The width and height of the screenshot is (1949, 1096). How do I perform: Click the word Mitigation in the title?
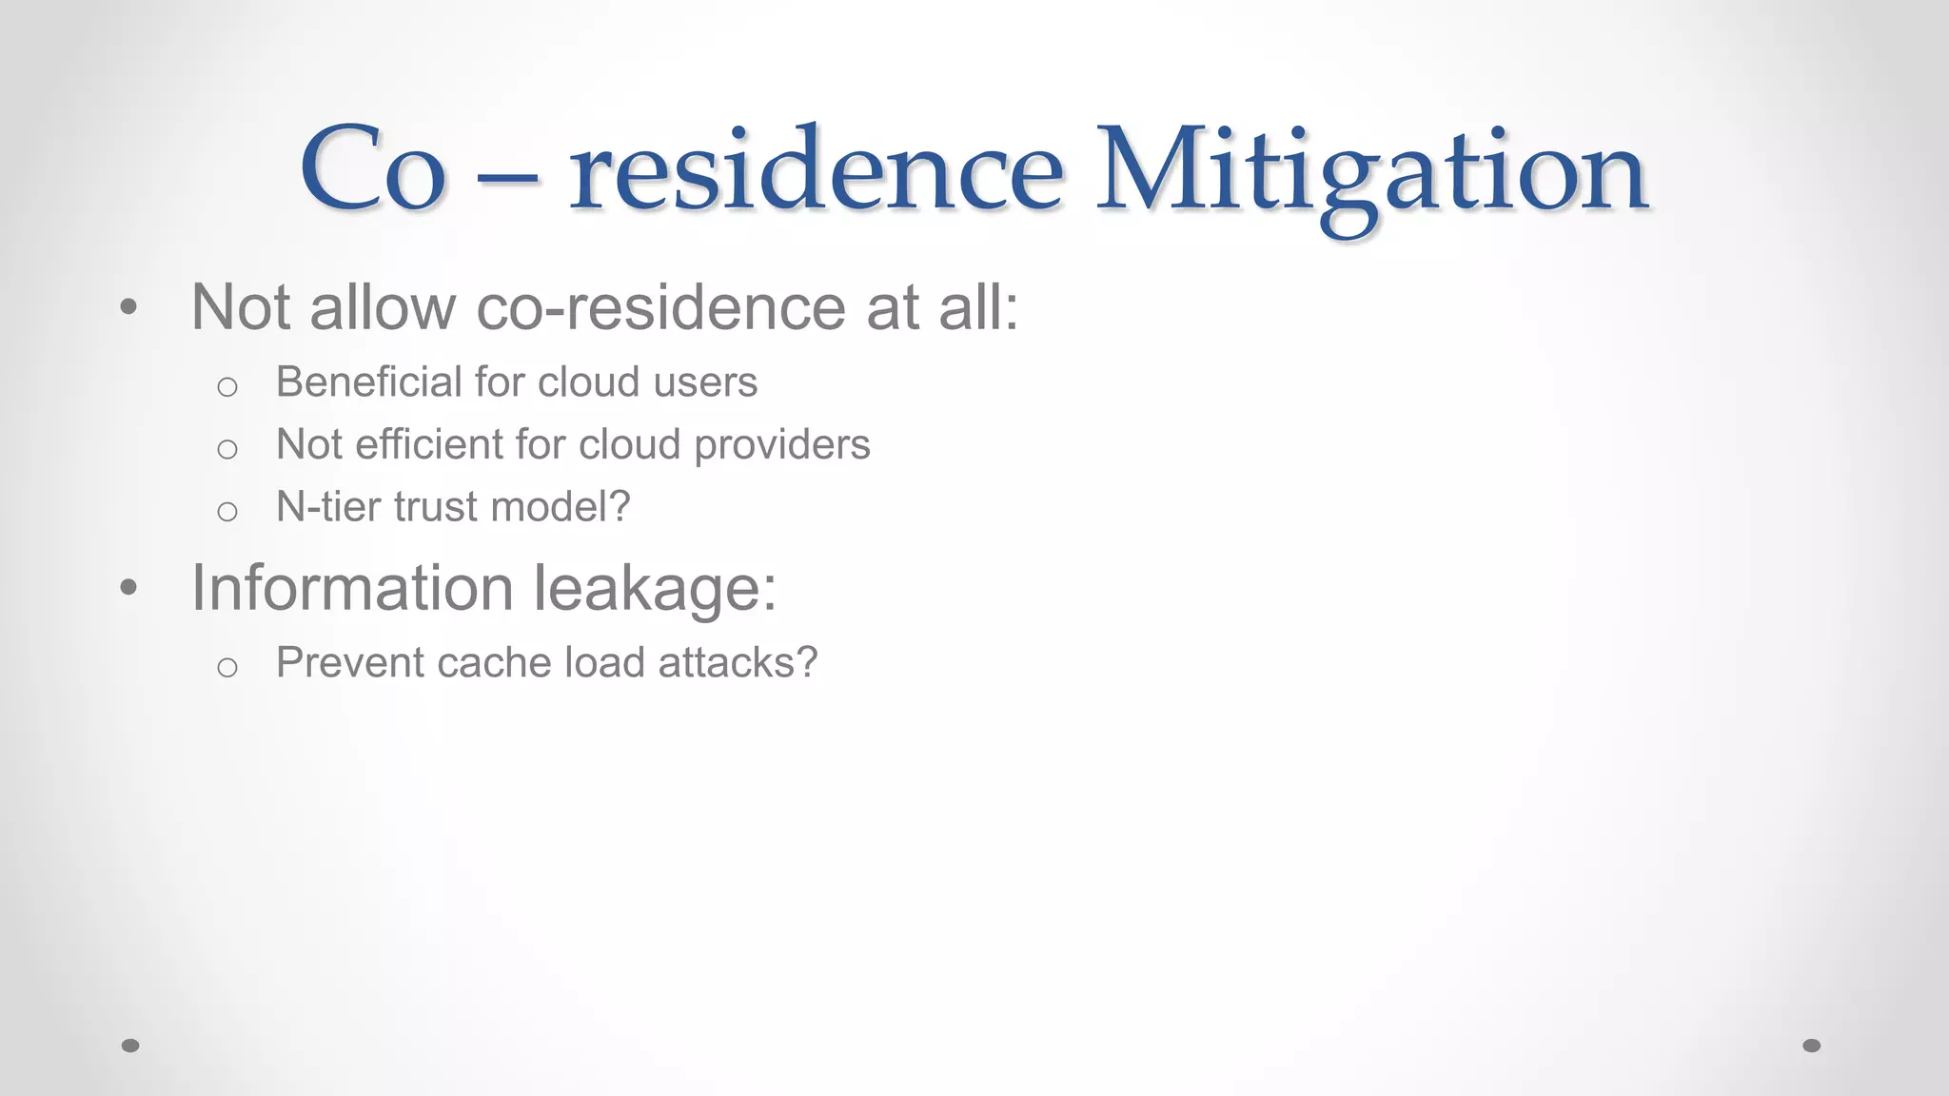pyautogui.click(x=1372, y=171)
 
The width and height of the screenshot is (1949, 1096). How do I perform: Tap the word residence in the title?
pyautogui.click(x=816, y=171)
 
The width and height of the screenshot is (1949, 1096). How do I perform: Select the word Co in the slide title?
pyautogui.click(x=372, y=171)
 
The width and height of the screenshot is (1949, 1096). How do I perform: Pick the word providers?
pyautogui.click(x=781, y=445)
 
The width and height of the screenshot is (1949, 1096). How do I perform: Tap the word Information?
pyautogui.click(x=352, y=587)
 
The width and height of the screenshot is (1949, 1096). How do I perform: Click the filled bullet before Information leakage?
pyautogui.click(x=129, y=587)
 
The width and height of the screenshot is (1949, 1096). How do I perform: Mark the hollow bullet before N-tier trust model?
pyautogui.click(x=226, y=512)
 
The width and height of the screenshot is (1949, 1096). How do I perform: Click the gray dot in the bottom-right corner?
pyautogui.click(x=1812, y=1046)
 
